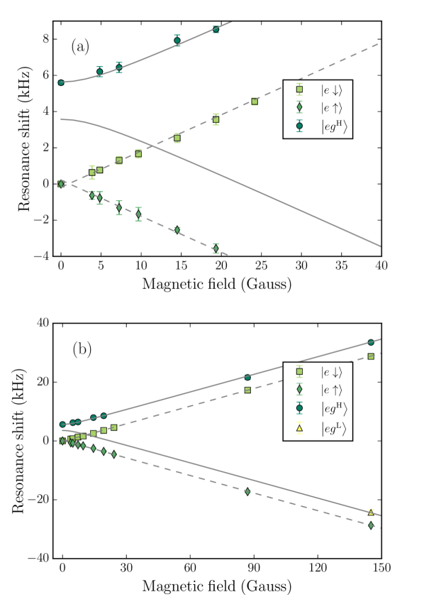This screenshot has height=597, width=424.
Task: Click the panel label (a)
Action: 80,47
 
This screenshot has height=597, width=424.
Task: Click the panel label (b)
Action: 82,349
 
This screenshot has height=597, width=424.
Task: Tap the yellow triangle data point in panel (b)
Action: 371,512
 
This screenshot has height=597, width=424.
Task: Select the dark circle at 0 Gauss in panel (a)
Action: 61,82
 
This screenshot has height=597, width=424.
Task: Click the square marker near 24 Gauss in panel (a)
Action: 255,102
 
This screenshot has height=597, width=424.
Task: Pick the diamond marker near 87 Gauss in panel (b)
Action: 247,491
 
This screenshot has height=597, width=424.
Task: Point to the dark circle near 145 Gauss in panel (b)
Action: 371,342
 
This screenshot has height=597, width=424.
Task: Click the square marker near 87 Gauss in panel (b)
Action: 247,390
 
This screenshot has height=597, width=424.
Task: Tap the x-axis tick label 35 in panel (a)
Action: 341,265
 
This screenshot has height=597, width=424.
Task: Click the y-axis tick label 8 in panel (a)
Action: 45,39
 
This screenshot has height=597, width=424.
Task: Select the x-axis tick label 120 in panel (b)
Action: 318,568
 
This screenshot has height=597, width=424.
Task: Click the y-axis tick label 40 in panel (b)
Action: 43,323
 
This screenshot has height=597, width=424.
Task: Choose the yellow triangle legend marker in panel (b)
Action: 299,429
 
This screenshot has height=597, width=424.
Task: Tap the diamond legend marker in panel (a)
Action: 299,108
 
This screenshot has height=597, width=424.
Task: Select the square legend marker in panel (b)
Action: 299,371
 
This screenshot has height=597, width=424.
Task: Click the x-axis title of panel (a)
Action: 217,284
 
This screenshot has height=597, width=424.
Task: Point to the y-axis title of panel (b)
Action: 18,441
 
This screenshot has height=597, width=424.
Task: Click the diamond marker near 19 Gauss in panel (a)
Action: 216,248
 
